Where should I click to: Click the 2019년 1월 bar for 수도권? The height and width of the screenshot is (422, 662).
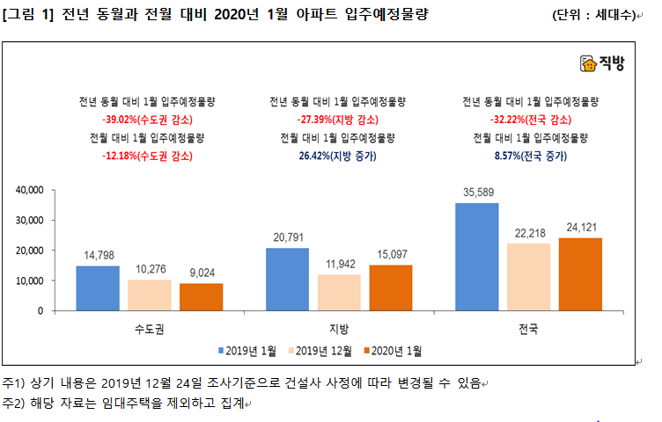(x=97, y=288)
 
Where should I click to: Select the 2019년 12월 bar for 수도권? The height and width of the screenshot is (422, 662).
(x=149, y=295)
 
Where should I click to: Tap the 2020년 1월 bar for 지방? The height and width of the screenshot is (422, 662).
(x=390, y=287)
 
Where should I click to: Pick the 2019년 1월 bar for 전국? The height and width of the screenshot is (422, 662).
(x=476, y=257)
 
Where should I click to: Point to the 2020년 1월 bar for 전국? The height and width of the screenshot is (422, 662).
(x=580, y=274)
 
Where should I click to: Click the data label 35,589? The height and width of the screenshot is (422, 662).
(x=476, y=193)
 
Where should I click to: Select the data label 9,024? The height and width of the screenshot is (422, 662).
(x=201, y=273)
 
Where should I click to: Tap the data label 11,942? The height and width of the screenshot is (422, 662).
(x=339, y=264)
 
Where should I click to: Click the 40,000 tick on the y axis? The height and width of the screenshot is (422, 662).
(x=30, y=190)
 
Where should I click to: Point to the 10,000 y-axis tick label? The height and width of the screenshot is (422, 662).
(x=30, y=280)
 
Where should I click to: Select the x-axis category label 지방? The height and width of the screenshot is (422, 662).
(x=339, y=329)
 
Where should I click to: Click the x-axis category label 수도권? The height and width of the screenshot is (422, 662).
(x=149, y=329)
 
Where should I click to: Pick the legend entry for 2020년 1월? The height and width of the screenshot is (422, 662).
(x=393, y=351)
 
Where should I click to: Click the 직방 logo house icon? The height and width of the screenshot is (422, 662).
(x=588, y=63)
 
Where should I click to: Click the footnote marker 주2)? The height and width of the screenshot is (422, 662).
(x=13, y=404)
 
